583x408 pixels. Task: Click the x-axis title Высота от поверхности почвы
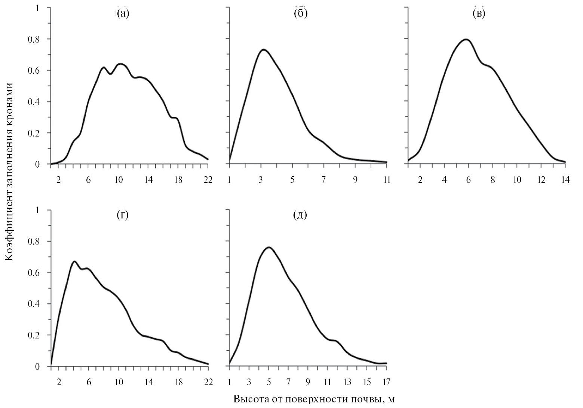click(x=314, y=399)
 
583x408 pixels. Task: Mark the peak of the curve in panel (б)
click(x=264, y=49)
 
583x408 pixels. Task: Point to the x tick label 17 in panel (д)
click(x=386, y=382)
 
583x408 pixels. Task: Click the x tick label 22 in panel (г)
click(x=208, y=382)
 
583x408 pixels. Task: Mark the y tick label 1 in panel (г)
click(x=37, y=210)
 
